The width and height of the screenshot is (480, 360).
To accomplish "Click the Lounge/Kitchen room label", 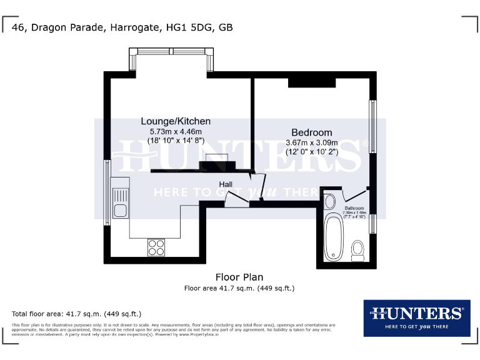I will point(176,121).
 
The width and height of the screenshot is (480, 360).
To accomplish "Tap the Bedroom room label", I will point(312,132).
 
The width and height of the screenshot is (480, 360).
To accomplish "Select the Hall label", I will point(226,184).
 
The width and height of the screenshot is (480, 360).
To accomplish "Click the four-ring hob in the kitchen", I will point(156,247).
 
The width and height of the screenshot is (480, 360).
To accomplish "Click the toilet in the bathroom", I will point(358,251).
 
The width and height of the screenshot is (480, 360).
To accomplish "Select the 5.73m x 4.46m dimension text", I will point(176,132).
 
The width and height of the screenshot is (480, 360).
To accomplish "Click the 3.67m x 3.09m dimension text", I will point(311,143).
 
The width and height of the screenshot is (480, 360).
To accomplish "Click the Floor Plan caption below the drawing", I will point(239,277).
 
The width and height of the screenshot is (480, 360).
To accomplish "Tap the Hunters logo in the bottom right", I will point(417,317).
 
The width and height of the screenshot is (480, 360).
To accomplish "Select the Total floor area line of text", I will point(77,313).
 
